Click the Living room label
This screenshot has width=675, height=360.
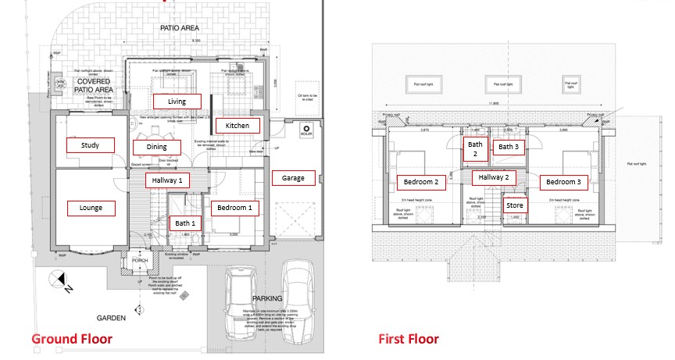point(177,101)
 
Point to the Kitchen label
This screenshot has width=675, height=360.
point(237,126)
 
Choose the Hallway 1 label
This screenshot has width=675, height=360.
point(168,180)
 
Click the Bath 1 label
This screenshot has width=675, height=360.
point(185,223)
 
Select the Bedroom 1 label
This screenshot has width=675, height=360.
point(233,208)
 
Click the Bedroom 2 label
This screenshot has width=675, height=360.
point(420,183)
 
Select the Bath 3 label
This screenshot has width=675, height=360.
point(509,146)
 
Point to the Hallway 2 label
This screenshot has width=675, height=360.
point(494,177)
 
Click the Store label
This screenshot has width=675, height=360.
point(515,205)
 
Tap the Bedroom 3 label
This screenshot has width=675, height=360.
point(562,183)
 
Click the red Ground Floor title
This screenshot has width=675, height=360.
point(72,339)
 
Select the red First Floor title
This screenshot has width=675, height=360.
point(408,339)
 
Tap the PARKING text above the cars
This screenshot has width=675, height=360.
point(268,298)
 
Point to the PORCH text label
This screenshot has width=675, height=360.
point(140,261)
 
